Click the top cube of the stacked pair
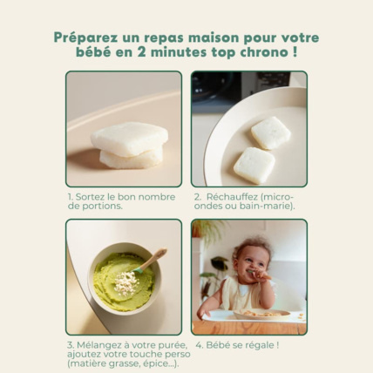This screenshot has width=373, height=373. (x=129, y=138)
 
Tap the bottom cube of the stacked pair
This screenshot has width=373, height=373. (x=131, y=157)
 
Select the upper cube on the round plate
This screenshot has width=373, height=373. (x=270, y=132)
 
